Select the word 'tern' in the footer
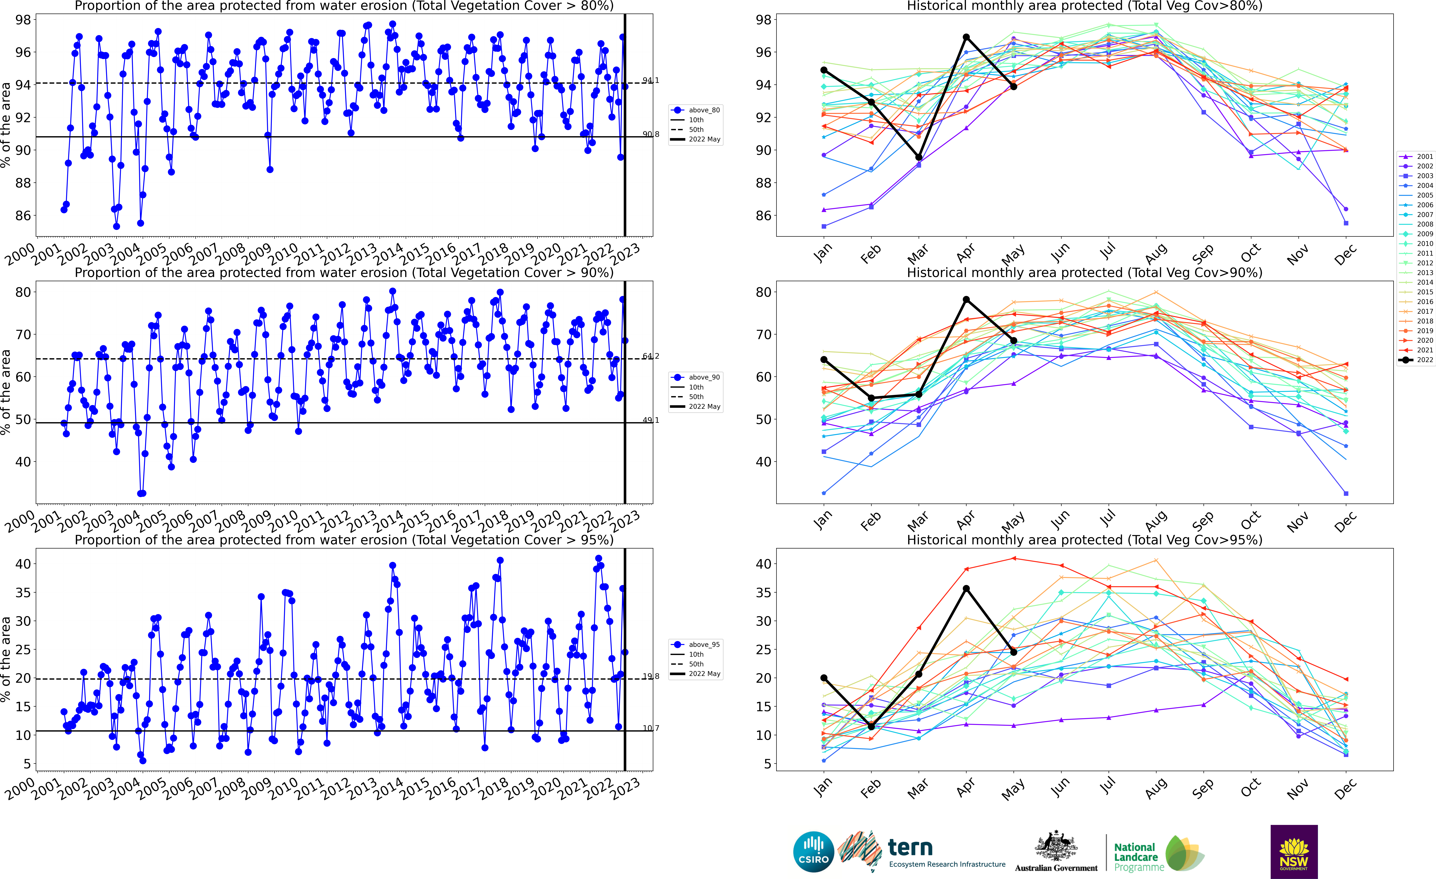(x=910, y=847)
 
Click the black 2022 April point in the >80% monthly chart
(x=966, y=37)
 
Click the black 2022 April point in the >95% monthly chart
(x=966, y=589)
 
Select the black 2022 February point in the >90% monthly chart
(x=871, y=398)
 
